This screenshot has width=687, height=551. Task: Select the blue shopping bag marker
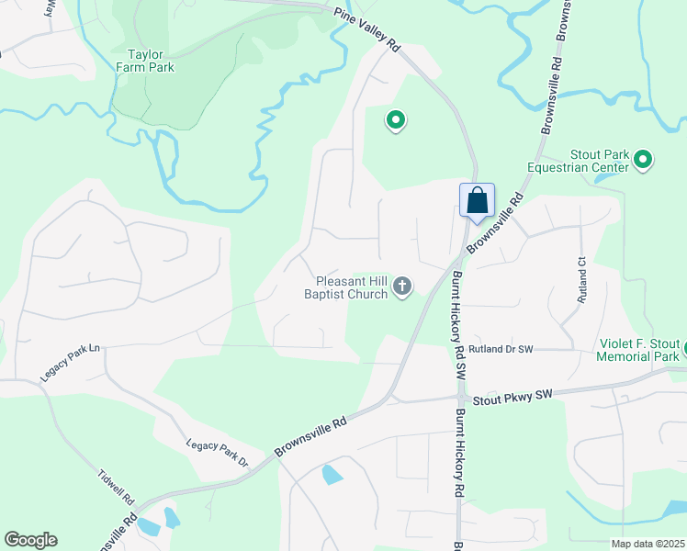tap(477, 201)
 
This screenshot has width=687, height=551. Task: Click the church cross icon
tap(401, 288)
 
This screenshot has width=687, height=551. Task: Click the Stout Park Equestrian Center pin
tap(643, 161)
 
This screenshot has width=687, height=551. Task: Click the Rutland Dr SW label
tap(500, 350)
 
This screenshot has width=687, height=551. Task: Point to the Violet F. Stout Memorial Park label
tap(638, 350)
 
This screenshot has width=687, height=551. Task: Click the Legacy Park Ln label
tap(68, 364)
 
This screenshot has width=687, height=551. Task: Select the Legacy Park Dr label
tap(218, 453)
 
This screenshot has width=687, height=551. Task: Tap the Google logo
tap(30, 540)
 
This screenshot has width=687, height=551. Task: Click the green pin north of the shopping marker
tap(396, 120)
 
